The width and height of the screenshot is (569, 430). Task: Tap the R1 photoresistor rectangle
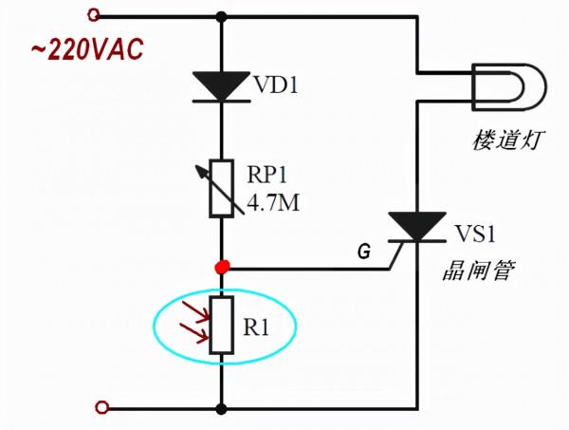(x=221, y=326)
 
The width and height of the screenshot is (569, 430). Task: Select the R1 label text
(x=257, y=328)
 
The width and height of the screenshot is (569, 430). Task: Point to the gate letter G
(x=364, y=252)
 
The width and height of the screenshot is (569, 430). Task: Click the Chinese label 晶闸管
(x=478, y=271)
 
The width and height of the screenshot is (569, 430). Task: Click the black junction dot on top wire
(x=222, y=16)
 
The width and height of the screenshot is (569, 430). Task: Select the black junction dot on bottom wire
(x=222, y=409)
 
